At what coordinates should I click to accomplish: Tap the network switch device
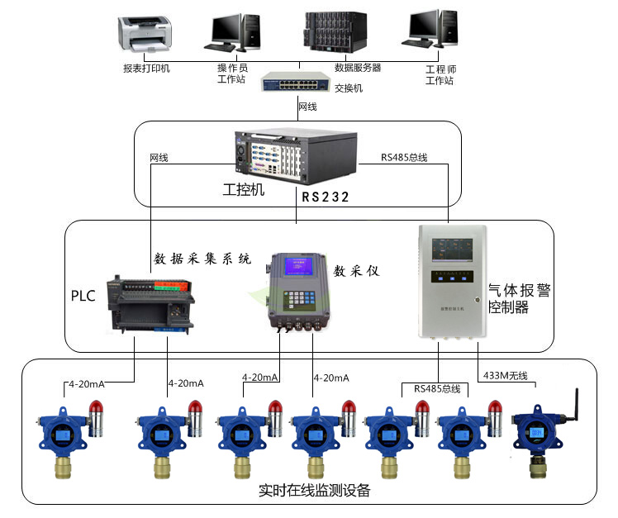coord(297,80)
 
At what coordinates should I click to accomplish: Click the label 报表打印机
coord(146,68)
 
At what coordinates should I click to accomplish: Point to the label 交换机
coord(348,88)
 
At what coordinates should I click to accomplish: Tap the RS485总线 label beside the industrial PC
coord(403,156)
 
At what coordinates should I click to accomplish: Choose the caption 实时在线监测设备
coord(314,491)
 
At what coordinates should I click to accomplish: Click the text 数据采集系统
coord(202,259)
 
